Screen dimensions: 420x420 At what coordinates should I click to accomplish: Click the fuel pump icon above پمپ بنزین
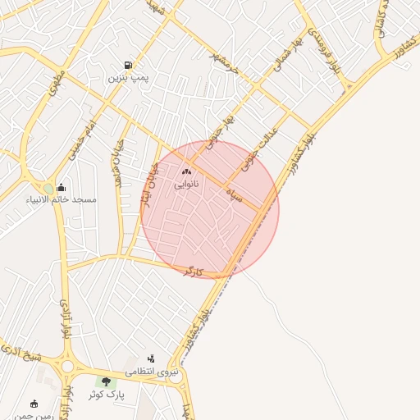click(x=127, y=66)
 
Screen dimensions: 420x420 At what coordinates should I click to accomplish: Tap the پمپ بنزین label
click(x=127, y=79)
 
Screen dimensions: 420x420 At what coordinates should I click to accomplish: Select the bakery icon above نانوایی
click(x=185, y=172)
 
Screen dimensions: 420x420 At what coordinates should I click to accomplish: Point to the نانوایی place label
click(x=185, y=185)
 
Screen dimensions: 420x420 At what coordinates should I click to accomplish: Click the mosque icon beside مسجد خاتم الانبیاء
click(x=62, y=188)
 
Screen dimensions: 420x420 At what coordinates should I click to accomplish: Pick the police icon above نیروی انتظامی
click(x=151, y=358)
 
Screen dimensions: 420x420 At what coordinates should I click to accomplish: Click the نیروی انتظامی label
click(x=151, y=372)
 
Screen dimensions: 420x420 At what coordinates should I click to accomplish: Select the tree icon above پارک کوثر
click(x=105, y=381)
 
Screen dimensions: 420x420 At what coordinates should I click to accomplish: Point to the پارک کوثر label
click(x=106, y=395)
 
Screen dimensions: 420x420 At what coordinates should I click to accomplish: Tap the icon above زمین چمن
click(x=34, y=403)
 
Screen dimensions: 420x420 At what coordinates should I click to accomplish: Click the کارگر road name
click(x=192, y=270)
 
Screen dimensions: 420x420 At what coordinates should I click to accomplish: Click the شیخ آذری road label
click(x=22, y=356)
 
